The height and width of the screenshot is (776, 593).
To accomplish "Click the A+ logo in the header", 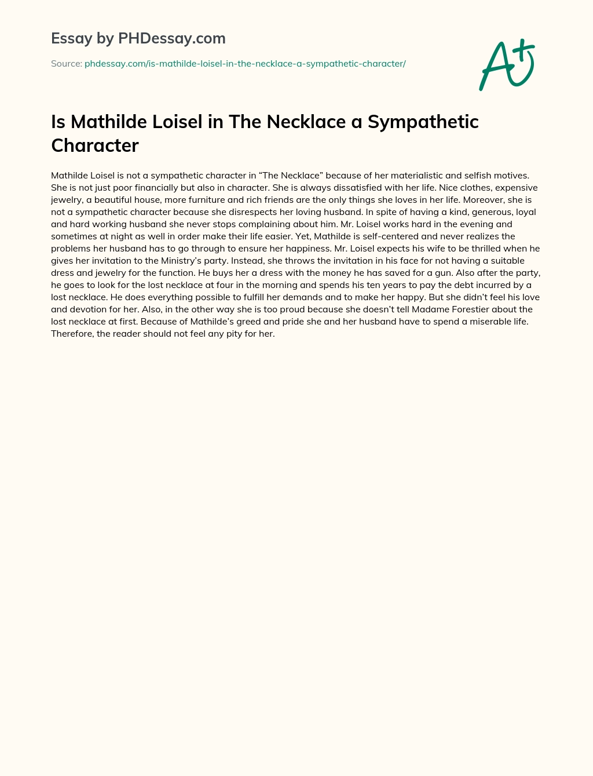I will coord(507,65).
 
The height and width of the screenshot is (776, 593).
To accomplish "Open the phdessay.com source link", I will coord(245,64).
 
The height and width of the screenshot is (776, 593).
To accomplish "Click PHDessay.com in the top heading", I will coord(171,38).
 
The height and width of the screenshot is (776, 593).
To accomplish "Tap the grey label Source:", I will coord(67,64).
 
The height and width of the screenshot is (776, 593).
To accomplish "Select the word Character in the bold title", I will coord(95,145).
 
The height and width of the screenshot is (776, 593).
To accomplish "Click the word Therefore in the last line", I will coord(72,333).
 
